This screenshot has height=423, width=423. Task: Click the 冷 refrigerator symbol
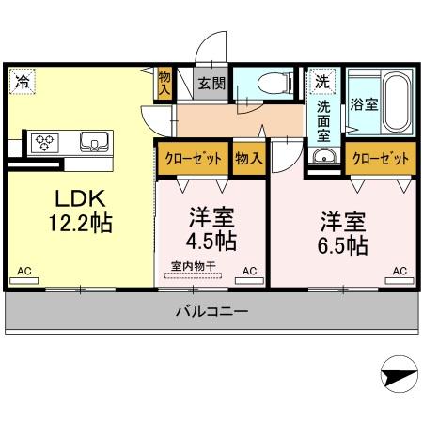20,82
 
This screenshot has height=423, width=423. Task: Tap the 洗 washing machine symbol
321,82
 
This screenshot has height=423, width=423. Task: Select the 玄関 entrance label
211,83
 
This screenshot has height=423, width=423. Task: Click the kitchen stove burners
45,143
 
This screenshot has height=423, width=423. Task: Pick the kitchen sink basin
94,143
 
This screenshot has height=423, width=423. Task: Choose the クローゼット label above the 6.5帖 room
380,158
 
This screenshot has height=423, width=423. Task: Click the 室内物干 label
194,267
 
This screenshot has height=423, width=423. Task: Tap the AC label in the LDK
24,271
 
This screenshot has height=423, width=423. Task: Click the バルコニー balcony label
211,311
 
